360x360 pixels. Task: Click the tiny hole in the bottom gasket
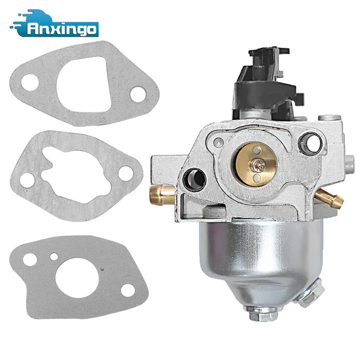(53, 259)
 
